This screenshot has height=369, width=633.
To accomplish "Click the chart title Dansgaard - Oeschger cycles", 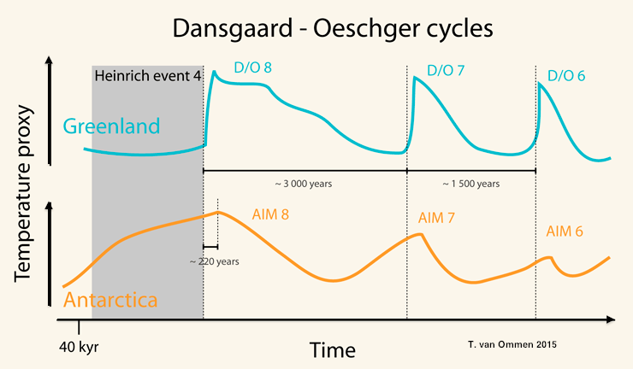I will pos(334,28).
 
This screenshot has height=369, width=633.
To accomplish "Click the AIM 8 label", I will pos(270,214).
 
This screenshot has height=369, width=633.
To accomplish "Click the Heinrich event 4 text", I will pos(147,75).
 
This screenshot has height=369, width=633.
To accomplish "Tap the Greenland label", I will pos(111,126).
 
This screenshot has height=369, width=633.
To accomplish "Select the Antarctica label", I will pos(110,301).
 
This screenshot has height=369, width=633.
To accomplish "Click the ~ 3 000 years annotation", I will pos(304,183).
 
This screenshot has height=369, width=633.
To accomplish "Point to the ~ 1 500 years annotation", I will pos(470,183).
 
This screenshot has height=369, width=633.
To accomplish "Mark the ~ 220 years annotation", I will pos(215,261).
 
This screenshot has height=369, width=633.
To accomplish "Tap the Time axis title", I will pos(333,349).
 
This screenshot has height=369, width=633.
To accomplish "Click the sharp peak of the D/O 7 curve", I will pos(415,78).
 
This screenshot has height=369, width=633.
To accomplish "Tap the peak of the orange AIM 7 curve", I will pos(420,234).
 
